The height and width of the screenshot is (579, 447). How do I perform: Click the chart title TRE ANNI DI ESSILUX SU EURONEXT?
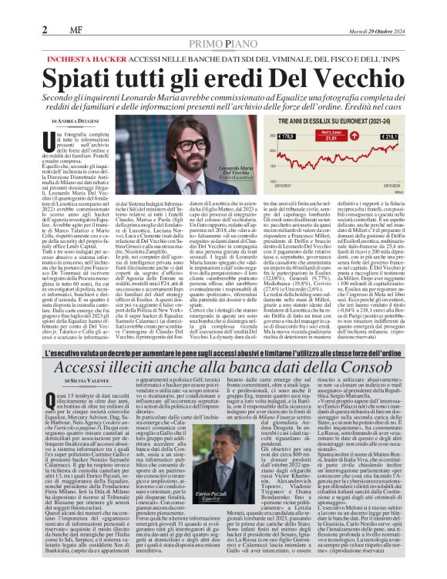pos(343,122)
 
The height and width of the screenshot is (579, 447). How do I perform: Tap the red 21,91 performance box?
pos(329,138)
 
